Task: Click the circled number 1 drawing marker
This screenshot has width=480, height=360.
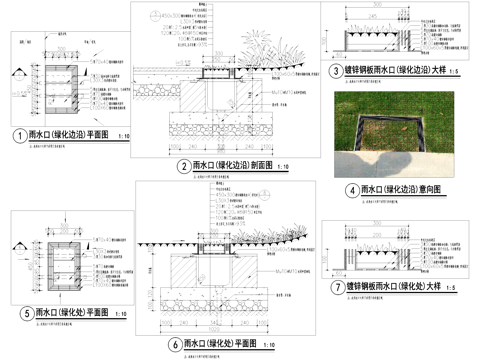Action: [x=17, y=136]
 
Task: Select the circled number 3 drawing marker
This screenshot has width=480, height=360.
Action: [x=335, y=72]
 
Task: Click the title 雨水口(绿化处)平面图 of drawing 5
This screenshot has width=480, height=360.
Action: [x=69, y=313]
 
